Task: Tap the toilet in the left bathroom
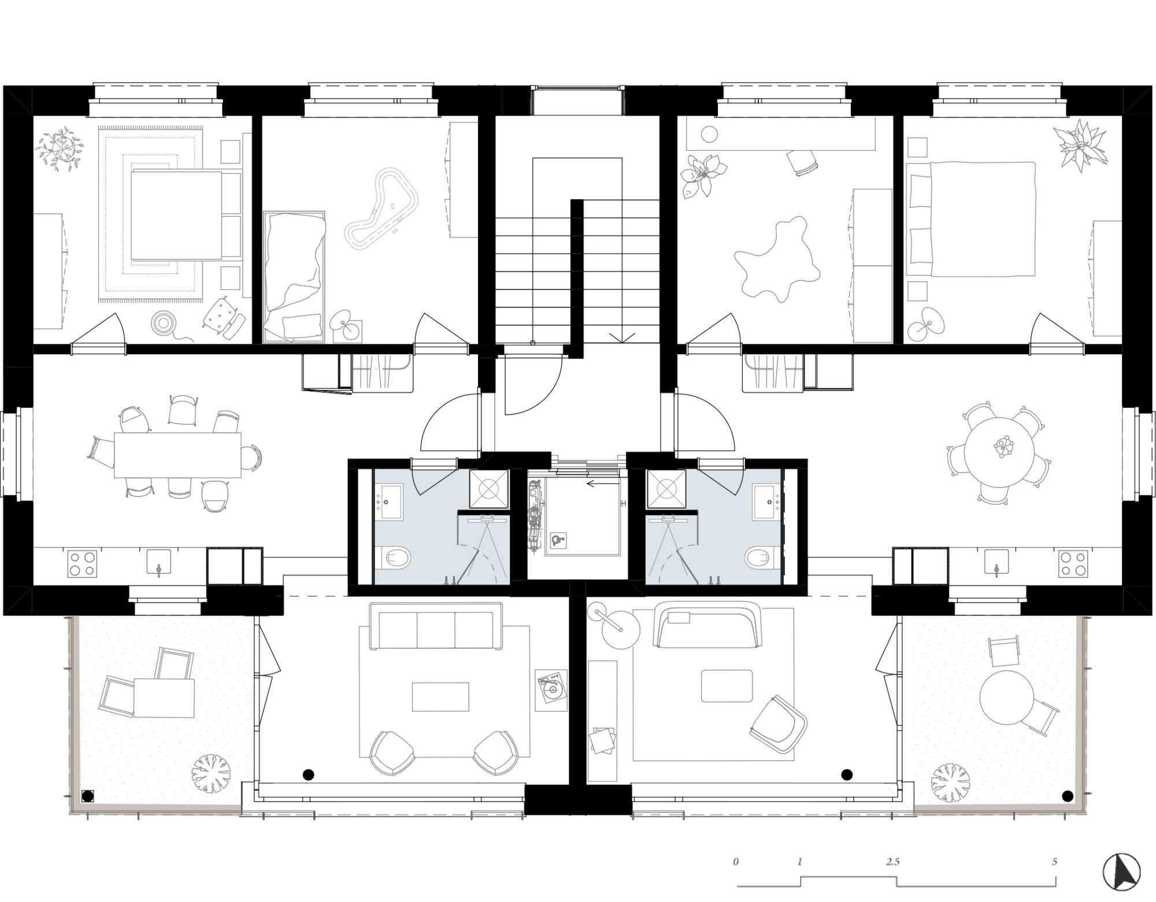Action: pyautogui.click(x=397, y=558)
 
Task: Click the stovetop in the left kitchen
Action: pyautogui.click(x=81, y=563)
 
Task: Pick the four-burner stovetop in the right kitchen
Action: pyautogui.click(x=1073, y=563)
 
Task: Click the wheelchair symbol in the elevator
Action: pyautogui.click(x=558, y=539)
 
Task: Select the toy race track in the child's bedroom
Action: pyautogui.click(x=381, y=208)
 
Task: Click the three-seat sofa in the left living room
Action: pyautogui.click(x=436, y=626)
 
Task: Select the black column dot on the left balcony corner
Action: pyautogui.click(x=88, y=796)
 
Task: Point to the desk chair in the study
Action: pyautogui.click(x=803, y=162)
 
